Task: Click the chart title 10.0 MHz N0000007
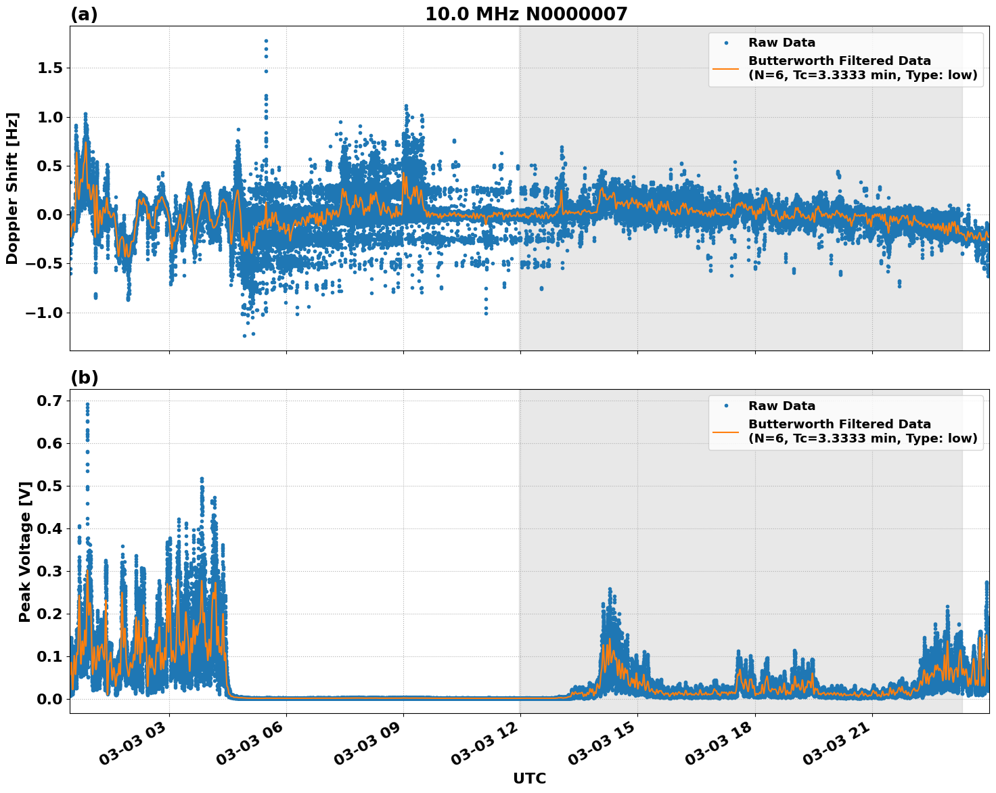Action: [526, 14]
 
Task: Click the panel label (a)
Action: [84, 15]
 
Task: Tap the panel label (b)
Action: [85, 378]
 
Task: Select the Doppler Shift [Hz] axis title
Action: [12, 188]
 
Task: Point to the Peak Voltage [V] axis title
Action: [25, 551]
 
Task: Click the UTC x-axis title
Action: [529, 778]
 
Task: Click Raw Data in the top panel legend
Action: [782, 43]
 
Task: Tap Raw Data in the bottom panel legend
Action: [782, 406]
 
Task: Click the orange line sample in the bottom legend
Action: [725, 431]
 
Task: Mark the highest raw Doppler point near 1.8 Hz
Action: [266, 41]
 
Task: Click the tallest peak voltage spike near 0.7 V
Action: [87, 405]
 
